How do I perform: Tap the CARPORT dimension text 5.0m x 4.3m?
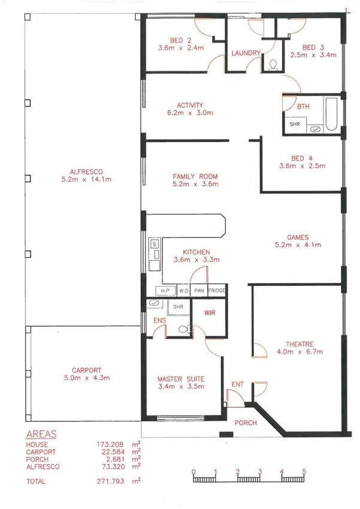coord(86,378)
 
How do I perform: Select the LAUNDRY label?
coord(246,53)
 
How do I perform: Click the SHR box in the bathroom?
coord(295,125)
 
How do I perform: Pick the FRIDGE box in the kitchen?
coord(217,291)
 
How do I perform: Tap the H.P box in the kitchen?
coord(165,291)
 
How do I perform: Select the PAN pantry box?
coord(199,291)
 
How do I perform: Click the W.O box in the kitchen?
coord(184,291)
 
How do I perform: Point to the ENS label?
coord(159,321)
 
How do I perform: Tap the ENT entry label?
coord(237,385)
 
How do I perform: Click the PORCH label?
coord(246,423)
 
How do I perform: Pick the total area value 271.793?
coord(110,481)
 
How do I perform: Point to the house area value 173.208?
coord(110,444)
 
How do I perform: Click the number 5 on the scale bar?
coord(304,471)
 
